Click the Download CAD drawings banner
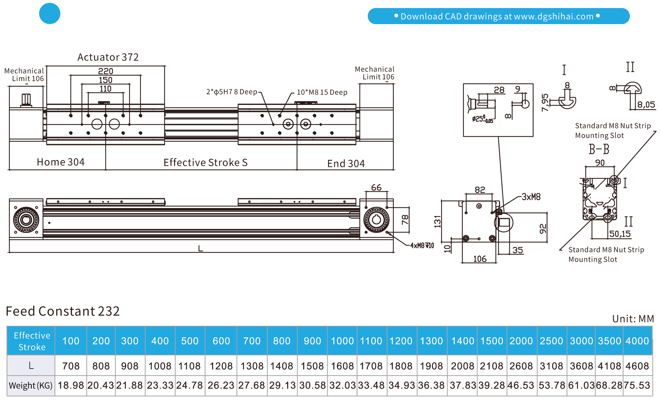coord(498,16)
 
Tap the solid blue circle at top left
coord(50,13)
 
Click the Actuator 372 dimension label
coord(108,57)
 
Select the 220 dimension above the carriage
coord(105,71)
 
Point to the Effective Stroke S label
coord(205,162)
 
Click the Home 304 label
coord(61,162)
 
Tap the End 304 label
coord(346,163)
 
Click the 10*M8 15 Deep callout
coord(322,92)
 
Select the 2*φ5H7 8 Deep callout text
coord(232,92)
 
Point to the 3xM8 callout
coord(531,197)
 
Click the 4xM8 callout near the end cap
coord(422,246)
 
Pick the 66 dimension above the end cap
coord(376,187)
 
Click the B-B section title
coord(599,149)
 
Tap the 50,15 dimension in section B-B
coord(619,234)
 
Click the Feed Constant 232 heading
coord(63,311)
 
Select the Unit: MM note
coord(633,319)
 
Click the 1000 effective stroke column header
coord(342,341)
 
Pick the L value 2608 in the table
coord(521,366)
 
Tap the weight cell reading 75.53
coord(637,385)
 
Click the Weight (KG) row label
coord(30,386)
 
